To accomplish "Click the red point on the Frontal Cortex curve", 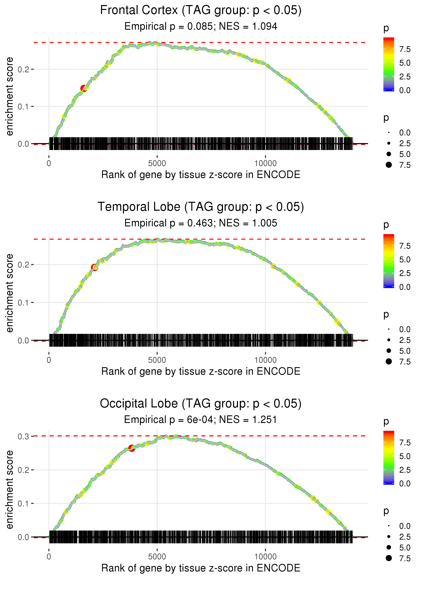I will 84,88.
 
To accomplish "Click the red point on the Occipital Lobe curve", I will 132,448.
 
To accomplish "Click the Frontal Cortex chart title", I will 201,10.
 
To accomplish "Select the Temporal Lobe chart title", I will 201,207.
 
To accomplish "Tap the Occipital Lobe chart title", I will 201,404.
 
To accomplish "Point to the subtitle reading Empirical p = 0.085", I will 201,26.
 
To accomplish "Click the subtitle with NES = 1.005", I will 201,223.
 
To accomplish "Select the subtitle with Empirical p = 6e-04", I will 201,420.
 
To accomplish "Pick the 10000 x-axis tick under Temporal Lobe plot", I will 265,360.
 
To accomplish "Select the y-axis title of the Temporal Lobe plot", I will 10,293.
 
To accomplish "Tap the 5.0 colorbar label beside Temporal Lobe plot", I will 405,259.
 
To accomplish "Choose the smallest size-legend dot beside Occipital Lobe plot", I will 389,526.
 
